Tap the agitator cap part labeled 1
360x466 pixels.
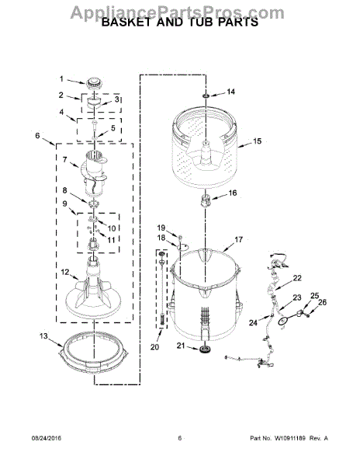tap(95, 82)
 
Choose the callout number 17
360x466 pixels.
tap(238, 240)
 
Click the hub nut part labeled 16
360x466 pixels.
tap(207, 203)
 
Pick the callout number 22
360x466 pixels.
tap(297, 278)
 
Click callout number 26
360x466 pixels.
tap(324, 304)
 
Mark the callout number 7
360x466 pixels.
tap(64, 161)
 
